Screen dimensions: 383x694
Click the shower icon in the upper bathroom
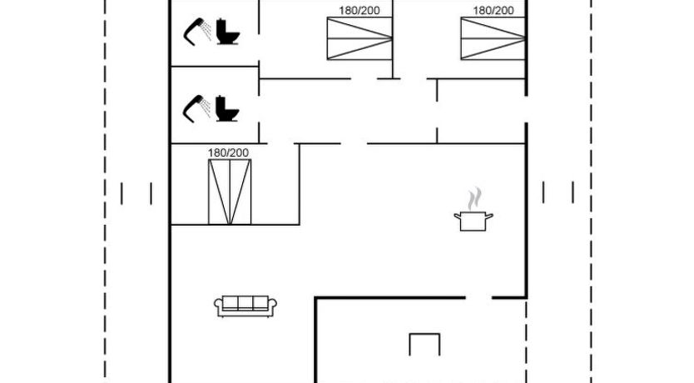click(198, 30)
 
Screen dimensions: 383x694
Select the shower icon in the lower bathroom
click(198, 107)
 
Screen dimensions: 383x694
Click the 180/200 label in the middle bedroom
click(359, 11)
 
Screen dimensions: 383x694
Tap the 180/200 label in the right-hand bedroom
click(493, 11)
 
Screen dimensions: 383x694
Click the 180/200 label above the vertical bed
click(229, 152)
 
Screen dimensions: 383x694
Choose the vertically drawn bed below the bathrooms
click(229, 191)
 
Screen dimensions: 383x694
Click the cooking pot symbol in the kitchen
click(473, 221)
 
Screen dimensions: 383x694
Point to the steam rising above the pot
click(474, 199)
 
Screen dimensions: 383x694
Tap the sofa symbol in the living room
click(245, 306)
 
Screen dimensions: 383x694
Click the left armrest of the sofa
click(219, 307)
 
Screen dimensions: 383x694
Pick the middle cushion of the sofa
click(245, 304)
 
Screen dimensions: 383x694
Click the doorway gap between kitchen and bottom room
click(478, 297)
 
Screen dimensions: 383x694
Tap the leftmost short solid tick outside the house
click(121, 193)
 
